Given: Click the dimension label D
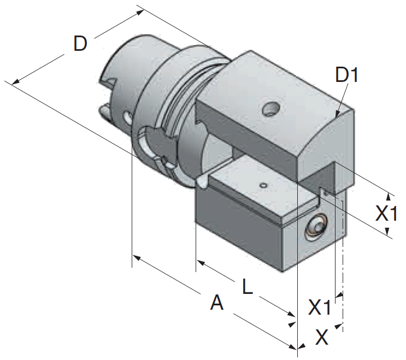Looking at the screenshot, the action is click(80, 44).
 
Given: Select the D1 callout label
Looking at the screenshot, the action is click(346, 75).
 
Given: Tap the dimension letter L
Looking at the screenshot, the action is click(248, 286).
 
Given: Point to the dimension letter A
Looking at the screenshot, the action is click(217, 302).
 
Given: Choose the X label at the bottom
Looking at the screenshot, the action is click(322, 337).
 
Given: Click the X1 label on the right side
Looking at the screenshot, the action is click(386, 213).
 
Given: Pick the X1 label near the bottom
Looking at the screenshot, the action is click(320, 307).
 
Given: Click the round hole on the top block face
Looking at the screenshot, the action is click(270, 109).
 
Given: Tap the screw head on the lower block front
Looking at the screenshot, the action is click(316, 226).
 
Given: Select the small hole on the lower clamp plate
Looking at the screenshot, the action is click(263, 185).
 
